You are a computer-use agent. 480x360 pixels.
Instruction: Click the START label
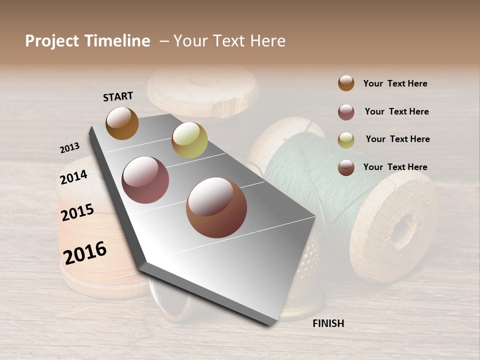click(x=118, y=96)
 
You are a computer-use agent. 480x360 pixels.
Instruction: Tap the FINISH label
click(x=328, y=323)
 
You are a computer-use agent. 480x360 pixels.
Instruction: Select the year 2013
click(x=69, y=148)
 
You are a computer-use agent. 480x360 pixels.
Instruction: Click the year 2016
click(x=85, y=252)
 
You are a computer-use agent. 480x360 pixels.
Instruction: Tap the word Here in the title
click(x=267, y=41)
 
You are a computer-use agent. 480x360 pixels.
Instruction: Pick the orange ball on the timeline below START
click(x=122, y=123)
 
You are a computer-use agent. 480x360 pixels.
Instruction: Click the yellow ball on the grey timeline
click(x=189, y=140)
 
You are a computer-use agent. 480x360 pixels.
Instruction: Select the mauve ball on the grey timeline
click(x=145, y=180)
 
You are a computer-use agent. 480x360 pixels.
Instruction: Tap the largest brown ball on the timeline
click(x=216, y=207)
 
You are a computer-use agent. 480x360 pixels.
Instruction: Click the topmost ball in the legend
click(x=346, y=83)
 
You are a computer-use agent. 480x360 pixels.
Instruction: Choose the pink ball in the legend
click(x=346, y=112)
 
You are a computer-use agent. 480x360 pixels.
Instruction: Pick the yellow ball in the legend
click(x=346, y=140)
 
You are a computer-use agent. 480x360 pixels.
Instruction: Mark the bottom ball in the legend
click(x=346, y=167)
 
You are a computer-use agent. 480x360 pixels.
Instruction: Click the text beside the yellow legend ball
click(x=397, y=139)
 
